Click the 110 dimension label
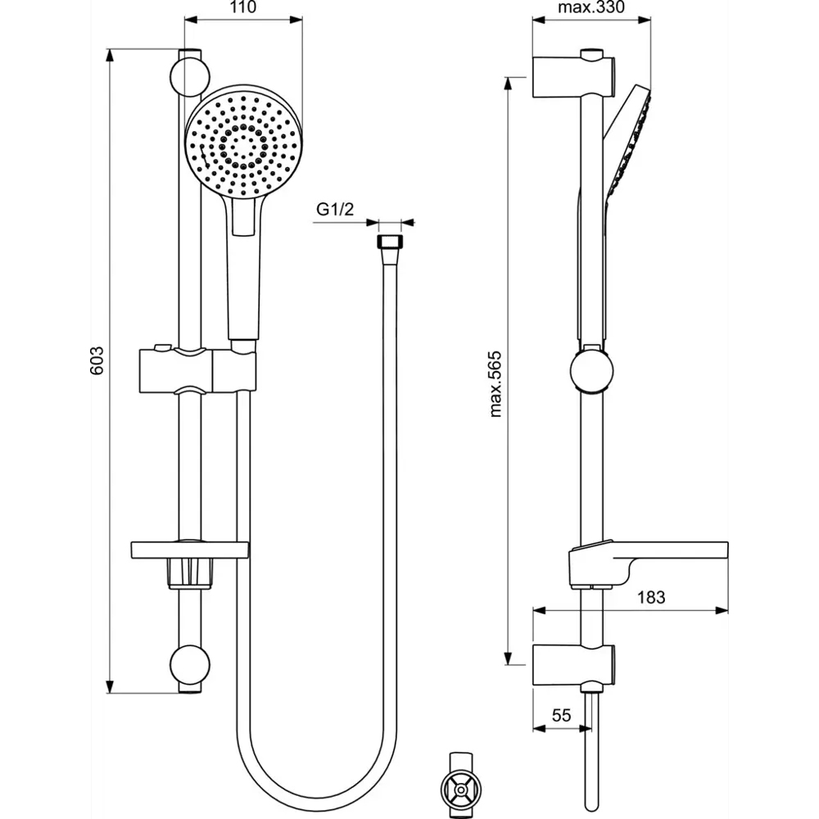(242, 8)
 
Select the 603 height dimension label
(97, 360)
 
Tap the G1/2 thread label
(335, 210)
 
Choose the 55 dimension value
(561, 715)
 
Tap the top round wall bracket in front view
(189, 75)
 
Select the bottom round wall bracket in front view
(189, 667)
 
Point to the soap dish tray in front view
(189, 548)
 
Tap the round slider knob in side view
(591, 370)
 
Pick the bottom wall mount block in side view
(573, 666)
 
